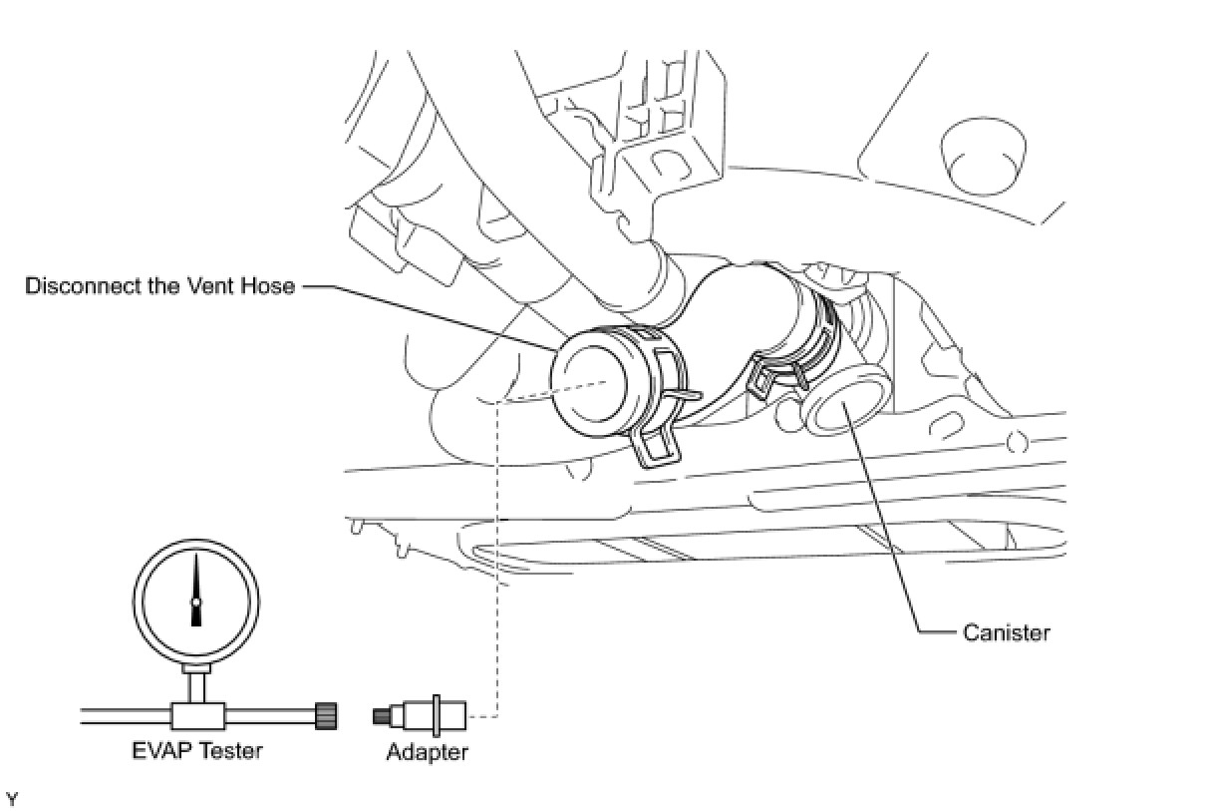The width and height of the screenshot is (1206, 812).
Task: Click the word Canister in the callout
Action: pos(1006,632)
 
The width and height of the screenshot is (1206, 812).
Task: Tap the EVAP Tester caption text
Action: pos(197,750)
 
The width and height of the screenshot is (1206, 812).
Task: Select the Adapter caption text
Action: pos(427,751)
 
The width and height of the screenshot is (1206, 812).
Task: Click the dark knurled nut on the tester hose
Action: pos(325,715)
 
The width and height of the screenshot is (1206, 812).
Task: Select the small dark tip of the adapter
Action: pos(380,715)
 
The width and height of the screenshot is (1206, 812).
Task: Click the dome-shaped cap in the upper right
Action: pos(981,155)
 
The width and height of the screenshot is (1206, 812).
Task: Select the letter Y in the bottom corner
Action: pos(12,799)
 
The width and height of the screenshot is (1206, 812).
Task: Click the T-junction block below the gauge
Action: pos(195,715)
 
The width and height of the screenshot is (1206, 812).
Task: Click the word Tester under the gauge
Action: pos(230,750)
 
